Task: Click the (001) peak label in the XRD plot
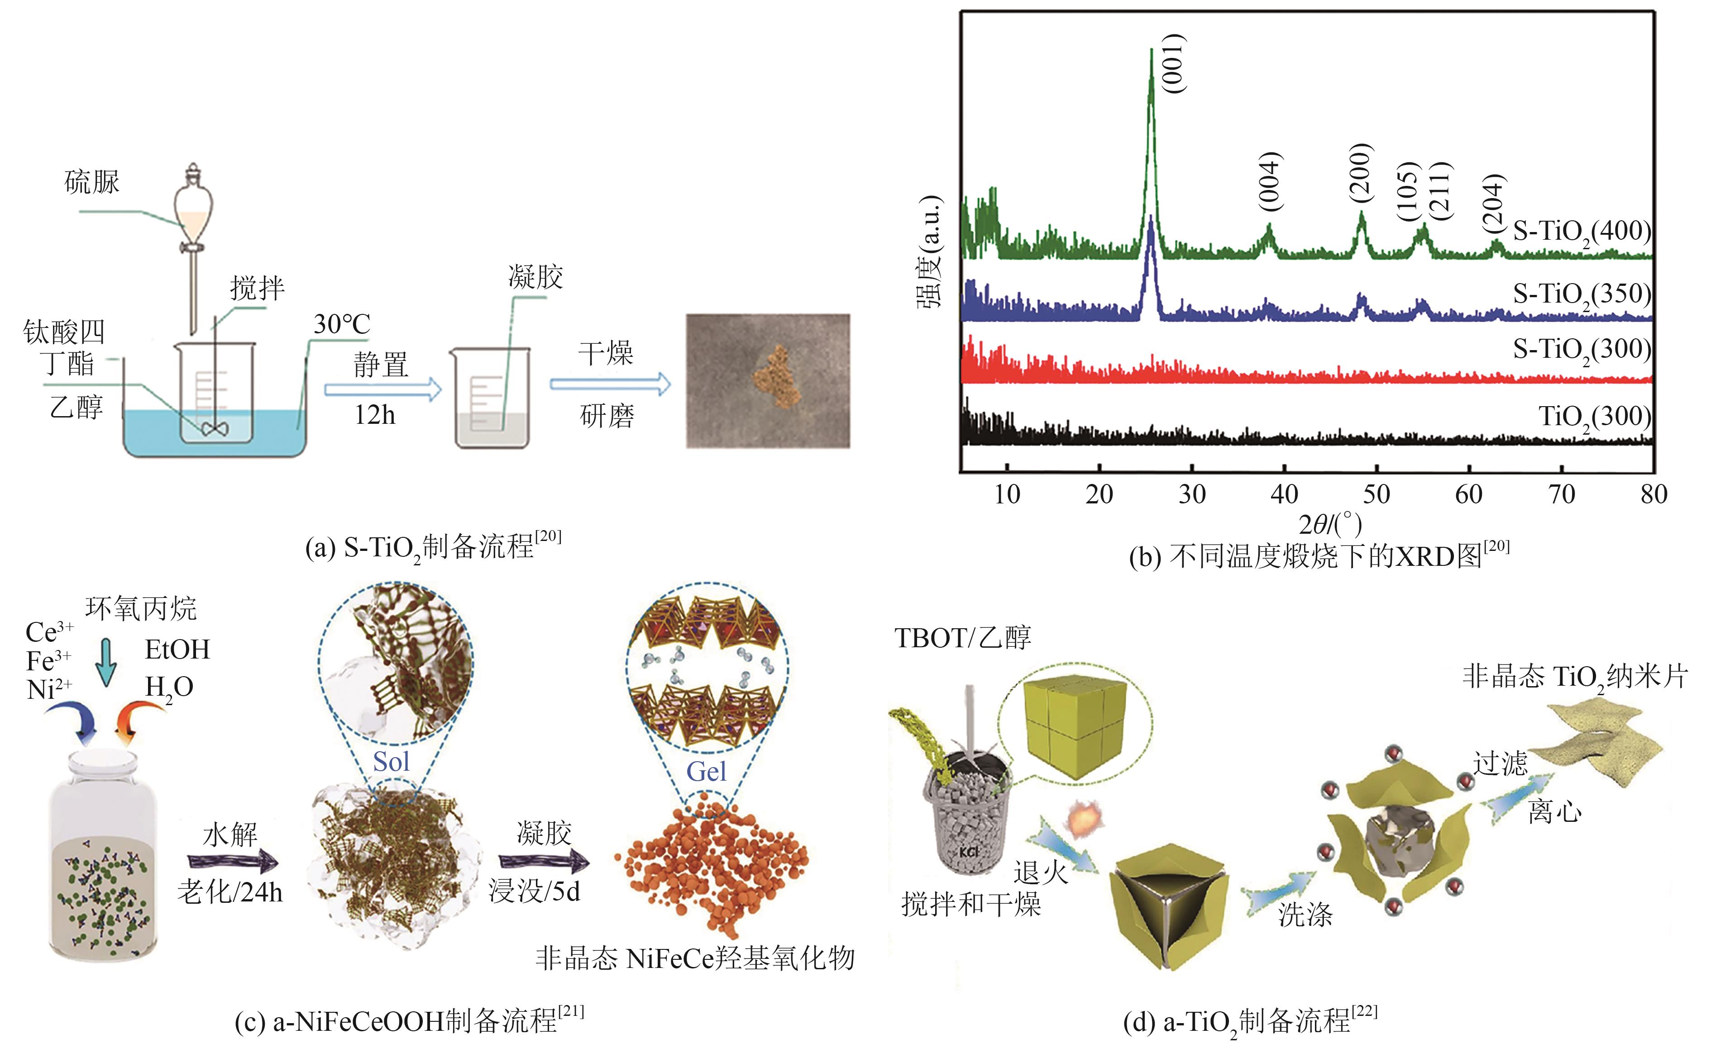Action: (1175, 64)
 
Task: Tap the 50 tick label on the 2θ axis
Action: (1376, 494)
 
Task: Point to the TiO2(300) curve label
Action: (1594, 417)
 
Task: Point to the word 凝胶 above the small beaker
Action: (535, 277)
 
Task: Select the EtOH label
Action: (177, 650)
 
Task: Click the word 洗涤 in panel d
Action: (1305, 915)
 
